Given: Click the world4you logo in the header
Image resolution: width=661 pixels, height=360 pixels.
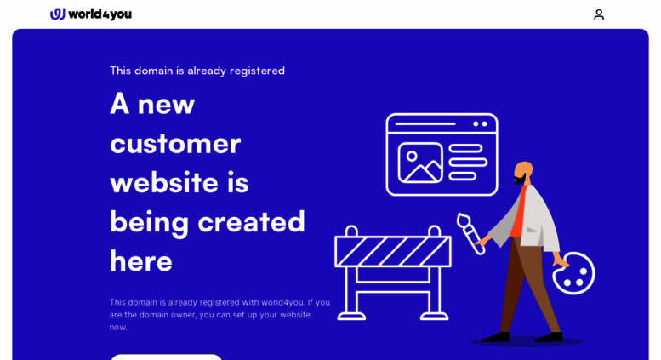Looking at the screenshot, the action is click(x=91, y=14).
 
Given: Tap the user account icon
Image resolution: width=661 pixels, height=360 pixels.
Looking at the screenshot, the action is click(x=599, y=14).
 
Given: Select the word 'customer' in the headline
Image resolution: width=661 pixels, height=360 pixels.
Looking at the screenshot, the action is click(x=175, y=144).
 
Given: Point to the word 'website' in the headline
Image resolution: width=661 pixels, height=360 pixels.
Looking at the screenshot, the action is click(x=164, y=183).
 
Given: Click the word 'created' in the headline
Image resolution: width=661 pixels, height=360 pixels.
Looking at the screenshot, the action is click(x=251, y=222).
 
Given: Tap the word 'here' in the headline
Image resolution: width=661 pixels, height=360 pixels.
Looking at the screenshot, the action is click(x=141, y=261).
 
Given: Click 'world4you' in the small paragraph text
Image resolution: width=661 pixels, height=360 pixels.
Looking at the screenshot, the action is click(x=282, y=302).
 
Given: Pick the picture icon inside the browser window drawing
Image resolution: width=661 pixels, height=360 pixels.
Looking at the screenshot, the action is click(x=420, y=163).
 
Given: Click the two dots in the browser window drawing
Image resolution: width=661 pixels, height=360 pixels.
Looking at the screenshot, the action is click(x=480, y=124).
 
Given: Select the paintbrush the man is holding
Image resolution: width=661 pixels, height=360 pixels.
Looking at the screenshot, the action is click(x=470, y=233).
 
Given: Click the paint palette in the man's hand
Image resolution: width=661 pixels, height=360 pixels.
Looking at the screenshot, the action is click(x=573, y=273).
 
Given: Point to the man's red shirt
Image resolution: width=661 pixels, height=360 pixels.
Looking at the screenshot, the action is click(x=519, y=212).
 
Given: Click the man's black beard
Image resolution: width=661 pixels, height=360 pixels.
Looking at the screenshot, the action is click(x=520, y=180).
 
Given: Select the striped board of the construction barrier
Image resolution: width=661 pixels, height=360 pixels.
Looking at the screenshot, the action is click(x=393, y=252).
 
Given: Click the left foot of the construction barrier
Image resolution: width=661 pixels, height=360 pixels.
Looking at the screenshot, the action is click(x=351, y=316).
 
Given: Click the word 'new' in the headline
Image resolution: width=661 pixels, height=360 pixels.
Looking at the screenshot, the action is click(x=166, y=106).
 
